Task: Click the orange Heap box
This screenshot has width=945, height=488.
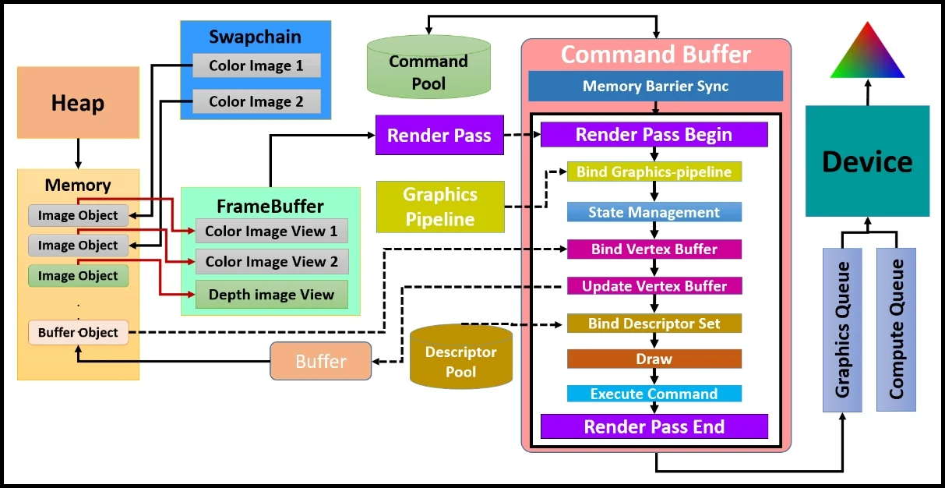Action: pos(78,102)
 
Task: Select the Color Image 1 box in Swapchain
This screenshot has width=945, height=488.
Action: pos(256,65)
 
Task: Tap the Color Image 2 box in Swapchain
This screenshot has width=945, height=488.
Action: pos(256,101)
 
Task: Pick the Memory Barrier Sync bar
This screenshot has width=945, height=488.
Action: pos(655,86)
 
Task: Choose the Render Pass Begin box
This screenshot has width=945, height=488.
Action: pos(654,134)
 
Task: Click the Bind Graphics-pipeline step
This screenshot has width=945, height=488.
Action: pos(654,172)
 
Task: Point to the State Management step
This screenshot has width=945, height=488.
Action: pos(654,212)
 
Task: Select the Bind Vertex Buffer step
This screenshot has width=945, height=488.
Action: pos(654,249)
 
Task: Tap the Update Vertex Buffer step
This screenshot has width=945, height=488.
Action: pos(654,286)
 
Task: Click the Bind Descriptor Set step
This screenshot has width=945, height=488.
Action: pos(654,324)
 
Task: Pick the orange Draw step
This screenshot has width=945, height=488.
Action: pos(654,359)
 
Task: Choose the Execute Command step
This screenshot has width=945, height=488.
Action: pos(654,394)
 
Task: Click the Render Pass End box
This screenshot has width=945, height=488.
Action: pos(654,426)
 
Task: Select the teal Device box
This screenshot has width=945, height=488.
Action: pos(867,161)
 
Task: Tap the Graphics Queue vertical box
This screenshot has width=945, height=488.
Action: pos(842,330)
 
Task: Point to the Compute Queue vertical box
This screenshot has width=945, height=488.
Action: pos(896,330)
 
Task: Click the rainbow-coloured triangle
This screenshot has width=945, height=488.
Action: pos(867,55)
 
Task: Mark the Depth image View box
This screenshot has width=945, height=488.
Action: pos(271,295)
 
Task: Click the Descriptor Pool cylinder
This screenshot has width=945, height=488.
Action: pos(460,359)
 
